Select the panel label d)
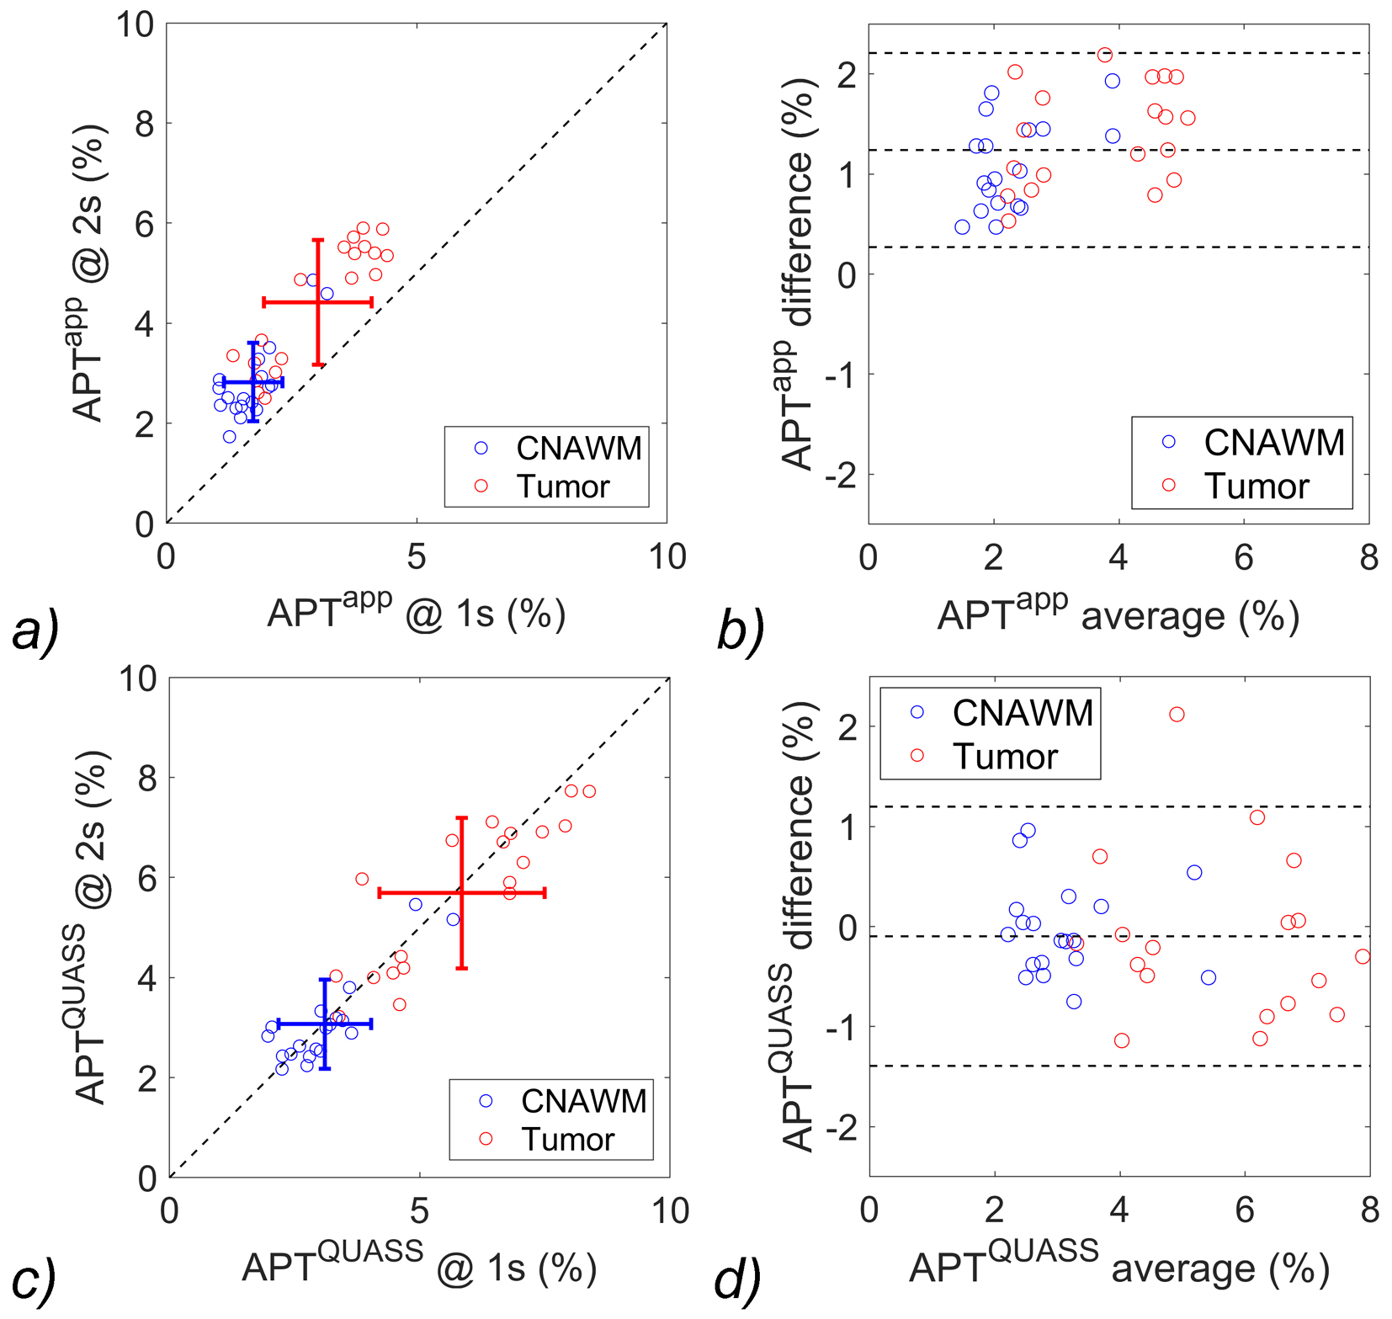(737, 1279)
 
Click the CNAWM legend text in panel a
(579, 449)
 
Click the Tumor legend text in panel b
(1257, 487)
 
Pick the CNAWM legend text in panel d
(1023, 713)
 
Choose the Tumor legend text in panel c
(568, 1140)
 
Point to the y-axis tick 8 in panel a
(146, 124)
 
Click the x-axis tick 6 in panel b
(1244, 558)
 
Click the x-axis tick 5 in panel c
(419, 1211)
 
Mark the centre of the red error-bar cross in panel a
(317, 301)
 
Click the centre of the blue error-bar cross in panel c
(325, 1024)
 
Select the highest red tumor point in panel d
(1177, 714)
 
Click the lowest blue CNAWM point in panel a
(229, 437)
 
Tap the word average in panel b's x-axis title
(1152, 617)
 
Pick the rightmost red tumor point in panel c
(589, 791)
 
